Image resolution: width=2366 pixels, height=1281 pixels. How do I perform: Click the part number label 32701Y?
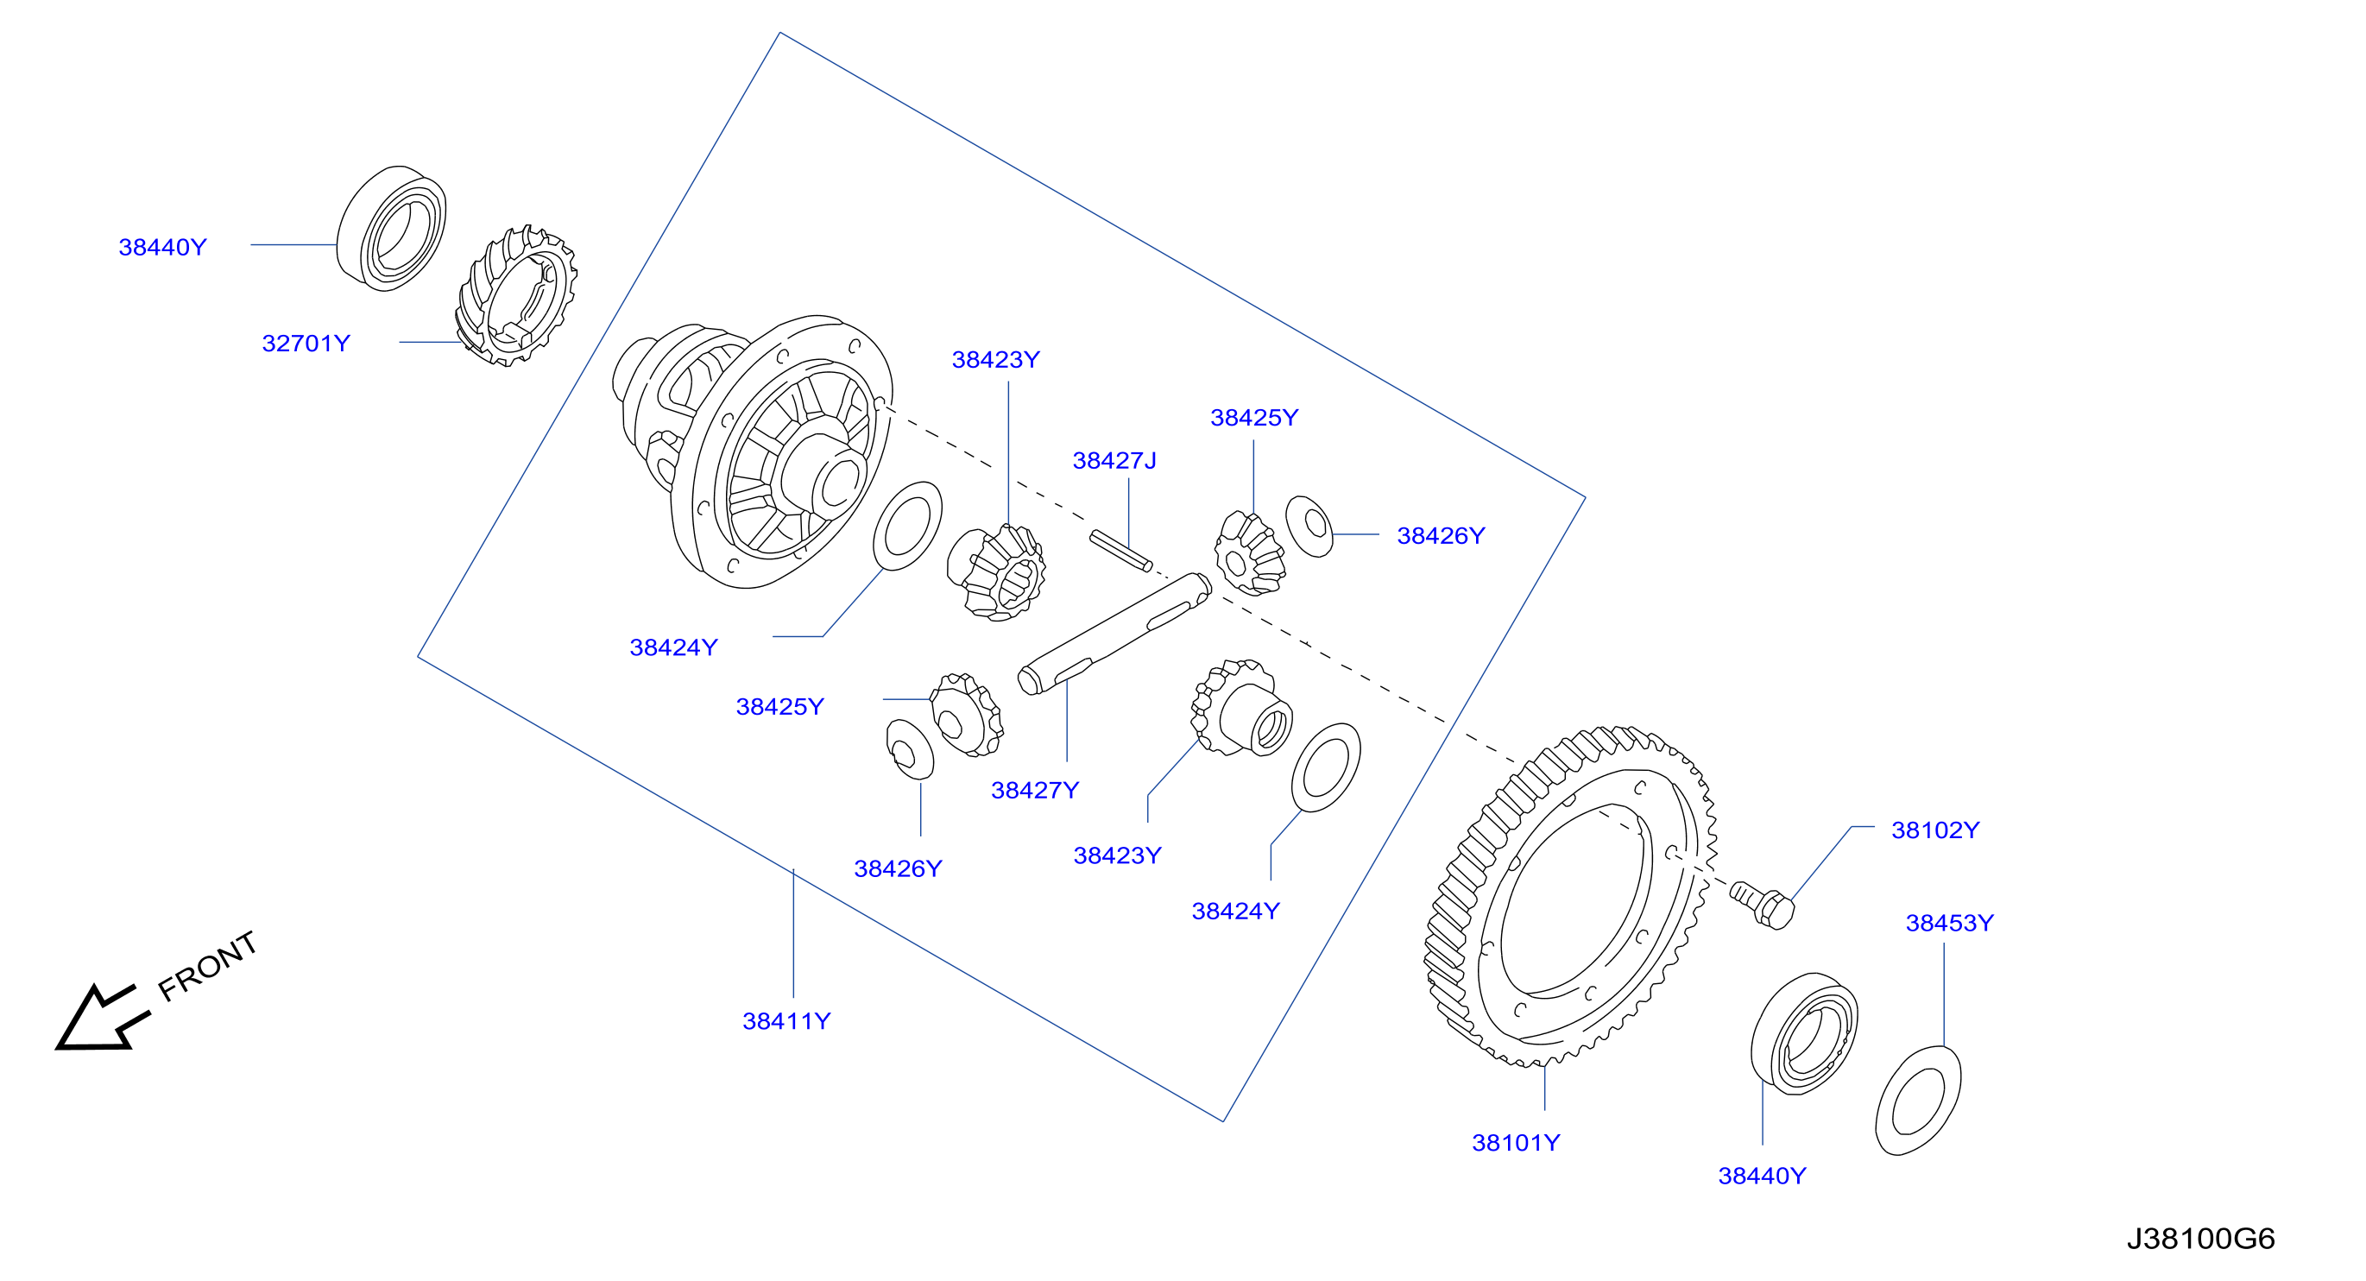[x=306, y=344]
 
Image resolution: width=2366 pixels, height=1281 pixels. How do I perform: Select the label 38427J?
[x=1114, y=460]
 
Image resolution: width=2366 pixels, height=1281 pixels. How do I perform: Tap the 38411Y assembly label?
[x=786, y=1021]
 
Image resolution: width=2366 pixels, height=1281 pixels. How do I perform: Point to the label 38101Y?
[x=1516, y=1143]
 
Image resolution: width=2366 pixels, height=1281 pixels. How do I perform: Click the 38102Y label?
[x=1935, y=830]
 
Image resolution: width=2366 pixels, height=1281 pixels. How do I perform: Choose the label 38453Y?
[x=1949, y=923]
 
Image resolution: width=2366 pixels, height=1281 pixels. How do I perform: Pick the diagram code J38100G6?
[x=2200, y=1239]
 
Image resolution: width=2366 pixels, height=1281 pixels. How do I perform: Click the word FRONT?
[x=207, y=966]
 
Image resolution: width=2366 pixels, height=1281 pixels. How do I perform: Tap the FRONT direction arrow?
[x=101, y=1018]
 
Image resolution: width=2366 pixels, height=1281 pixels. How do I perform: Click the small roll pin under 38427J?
[x=1120, y=551]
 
